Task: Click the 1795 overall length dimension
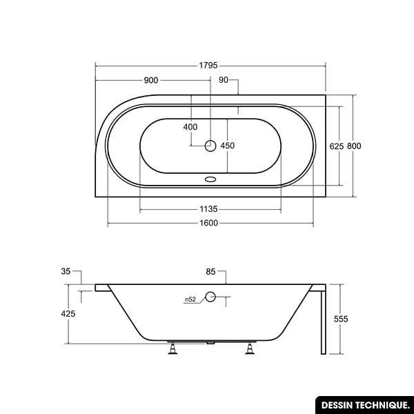pyautogui.click(x=208, y=66)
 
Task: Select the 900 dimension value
pyautogui.click(x=151, y=80)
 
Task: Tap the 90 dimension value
pyautogui.click(x=224, y=80)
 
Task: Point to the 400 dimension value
pyautogui.click(x=190, y=127)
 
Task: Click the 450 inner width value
pyautogui.click(x=227, y=146)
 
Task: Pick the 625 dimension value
pyautogui.click(x=337, y=146)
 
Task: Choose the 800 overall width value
pyautogui.click(x=354, y=146)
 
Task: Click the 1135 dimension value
pyautogui.click(x=208, y=209)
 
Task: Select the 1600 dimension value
pyautogui.click(x=208, y=223)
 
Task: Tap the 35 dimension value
pyautogui.click(x=66, y=271)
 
